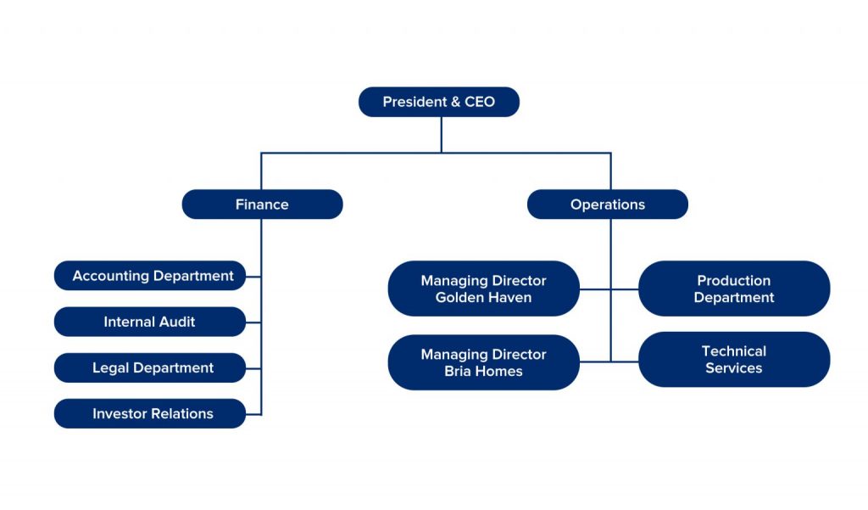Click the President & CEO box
pos(439,102)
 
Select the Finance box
pos(263,205)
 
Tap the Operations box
pos(608,205)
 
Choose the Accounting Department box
pos(150,276)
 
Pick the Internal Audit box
pos(150,322)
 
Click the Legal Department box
pos(150,367)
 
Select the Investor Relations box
pos(150,413)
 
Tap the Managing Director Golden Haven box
pos(484,289)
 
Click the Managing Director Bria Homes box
pos(484,362)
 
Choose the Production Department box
pos(734,289)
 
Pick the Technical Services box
pos(734,359)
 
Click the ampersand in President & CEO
pos(455,102)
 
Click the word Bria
pos(458,372)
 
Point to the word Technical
pos(734,351)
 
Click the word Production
pos(734,281)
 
